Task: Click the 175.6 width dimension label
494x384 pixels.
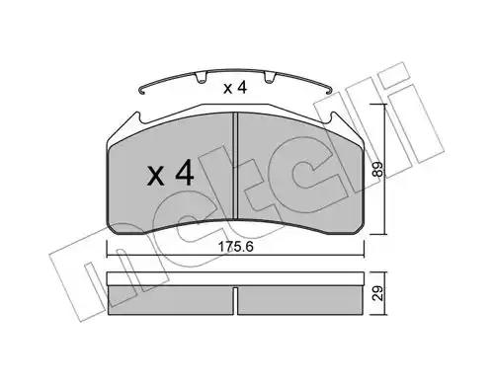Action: point(236,247)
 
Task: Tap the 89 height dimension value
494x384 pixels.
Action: point(378,169)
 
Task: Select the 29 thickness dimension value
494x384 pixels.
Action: point(379,293)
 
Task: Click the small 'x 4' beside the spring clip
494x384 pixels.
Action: point(235,88)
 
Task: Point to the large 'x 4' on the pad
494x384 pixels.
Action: point(170,173)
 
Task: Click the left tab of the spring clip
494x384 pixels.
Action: point(201,78)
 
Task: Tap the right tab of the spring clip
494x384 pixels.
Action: point(270,78)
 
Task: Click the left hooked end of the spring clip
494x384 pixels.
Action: point(142,91)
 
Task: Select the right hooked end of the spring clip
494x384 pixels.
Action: point(328,91)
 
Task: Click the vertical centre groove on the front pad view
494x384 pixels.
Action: point(235,166)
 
